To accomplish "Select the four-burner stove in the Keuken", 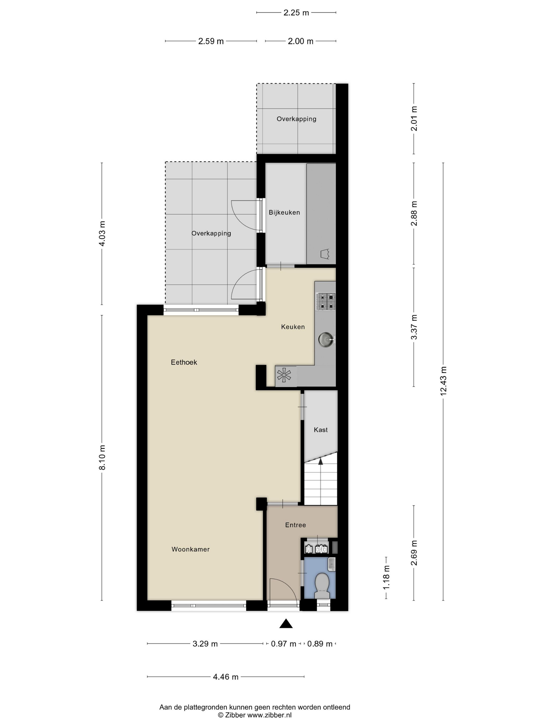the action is (x=325, y=302).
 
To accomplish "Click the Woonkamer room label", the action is (x=190, y=549).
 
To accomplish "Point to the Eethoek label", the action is (x=184, y=362).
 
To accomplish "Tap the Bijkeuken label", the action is (x=284, y=213).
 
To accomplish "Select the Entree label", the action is (x=295, y=525).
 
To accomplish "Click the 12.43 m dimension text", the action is (x=443, y=381).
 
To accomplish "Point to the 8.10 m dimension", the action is (x=102, y=457).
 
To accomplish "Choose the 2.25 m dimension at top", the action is (x=296, y=13).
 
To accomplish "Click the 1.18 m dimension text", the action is (x=386, y=577).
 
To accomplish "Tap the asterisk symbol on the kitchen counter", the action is (x=284, y=375).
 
